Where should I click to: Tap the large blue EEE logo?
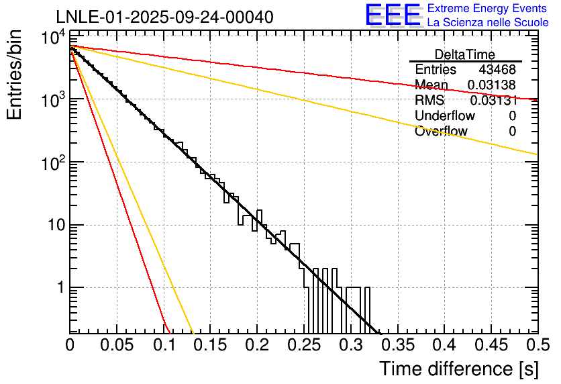pyautogui.click(x=393, y=15)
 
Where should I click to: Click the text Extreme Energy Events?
pyautogui.click(x=488, y=9)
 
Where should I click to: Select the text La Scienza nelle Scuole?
pyautogui.click(x=488, y=23)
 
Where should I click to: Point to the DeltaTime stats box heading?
pyautogui.click(x=465, y=54)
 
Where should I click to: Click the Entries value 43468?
pyautogui.click(x=497, y=70)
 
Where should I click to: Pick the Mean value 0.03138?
pyautogui.click(x=492, y=85)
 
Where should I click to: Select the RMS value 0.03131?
pyautogui.click(x=493, y=101)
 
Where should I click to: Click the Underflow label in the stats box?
pyautogui.click(x=444, y=116)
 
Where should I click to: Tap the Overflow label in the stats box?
pyautogui.click(x=441, y=132)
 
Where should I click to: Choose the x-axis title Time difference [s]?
pyautogui.click(x=458, y=369)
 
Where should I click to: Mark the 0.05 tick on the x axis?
pyautogui.click(x=117, y=345)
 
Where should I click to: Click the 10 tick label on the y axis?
pyautogui.click(x=54, y=226)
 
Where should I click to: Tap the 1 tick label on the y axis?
pyautogui.click(x=59, y=288)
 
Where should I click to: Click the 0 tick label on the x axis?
pyautogui.click(x=70, y=345)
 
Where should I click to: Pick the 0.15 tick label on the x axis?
pyautogui.click(x=210, y=345)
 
